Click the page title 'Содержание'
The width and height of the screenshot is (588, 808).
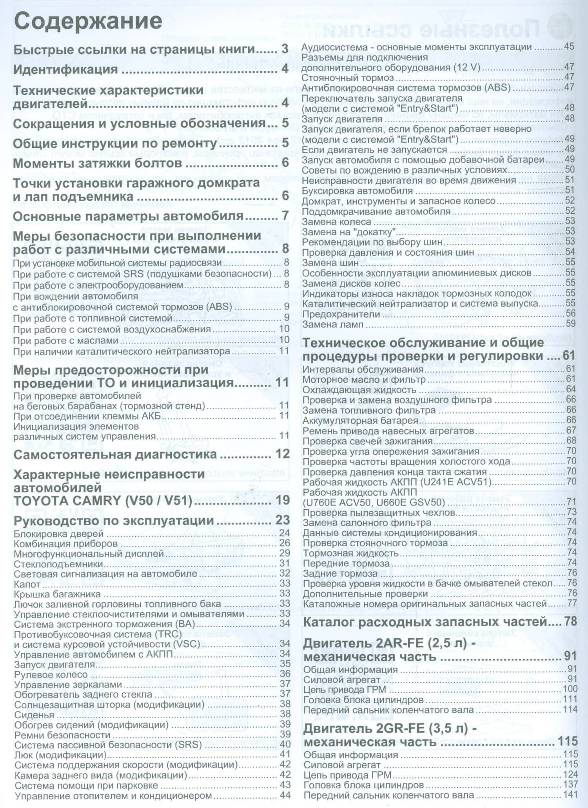pos(88,21)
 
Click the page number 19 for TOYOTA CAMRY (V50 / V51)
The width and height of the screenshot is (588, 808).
pos(282,500)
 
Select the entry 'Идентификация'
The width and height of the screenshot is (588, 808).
pos(65,69)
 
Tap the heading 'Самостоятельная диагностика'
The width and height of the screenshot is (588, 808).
pos(115,454)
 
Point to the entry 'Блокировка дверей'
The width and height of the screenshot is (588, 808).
pos(59,534)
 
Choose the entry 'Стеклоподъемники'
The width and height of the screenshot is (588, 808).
pos(58,564)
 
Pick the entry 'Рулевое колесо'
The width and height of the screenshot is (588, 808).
pos(51,674)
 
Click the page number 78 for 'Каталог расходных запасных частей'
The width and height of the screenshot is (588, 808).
pos(570,621)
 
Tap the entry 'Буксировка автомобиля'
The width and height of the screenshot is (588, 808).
pos(357,191)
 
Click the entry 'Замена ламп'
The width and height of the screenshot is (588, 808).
pos(333,324)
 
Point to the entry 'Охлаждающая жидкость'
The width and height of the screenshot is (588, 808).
pos(359,390)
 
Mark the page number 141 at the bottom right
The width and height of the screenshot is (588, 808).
pos(570,795)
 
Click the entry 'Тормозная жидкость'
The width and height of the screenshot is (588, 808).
pos(350,553)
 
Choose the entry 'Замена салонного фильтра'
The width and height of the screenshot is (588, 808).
pos(367,522)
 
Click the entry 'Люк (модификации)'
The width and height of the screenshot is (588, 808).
pos(60,754)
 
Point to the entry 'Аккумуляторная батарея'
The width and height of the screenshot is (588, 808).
pos(361,420)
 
